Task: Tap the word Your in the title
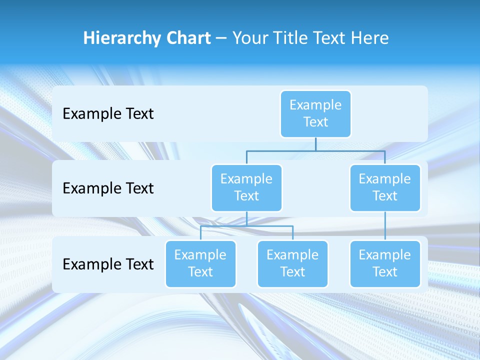[x=248, y=38]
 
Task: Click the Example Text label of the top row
[x=108, y=114]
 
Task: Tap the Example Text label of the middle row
[x=108, y=188]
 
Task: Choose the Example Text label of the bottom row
[x=108, y=264]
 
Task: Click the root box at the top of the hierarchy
[x=315, y=113]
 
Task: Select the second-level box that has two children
[x=246, y=187]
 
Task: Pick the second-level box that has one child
[x=385, y=187]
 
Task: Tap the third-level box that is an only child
[x=385, y=263]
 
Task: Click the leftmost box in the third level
[x=200, y=263]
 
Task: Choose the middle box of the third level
[x=292, y=263]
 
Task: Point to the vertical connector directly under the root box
[x=315, y=144]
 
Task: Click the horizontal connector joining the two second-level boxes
[x=350, y=150]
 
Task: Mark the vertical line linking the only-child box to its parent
[x=385, y=226]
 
